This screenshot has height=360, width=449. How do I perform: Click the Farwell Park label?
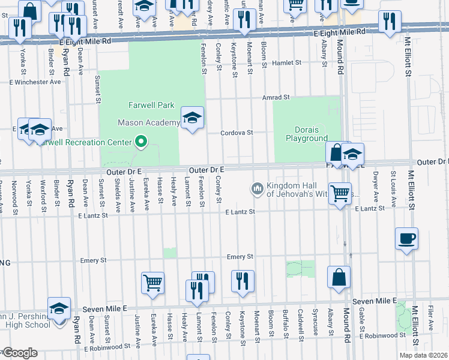(x=151, y=105)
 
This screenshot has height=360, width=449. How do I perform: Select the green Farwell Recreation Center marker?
(x=141, y=142)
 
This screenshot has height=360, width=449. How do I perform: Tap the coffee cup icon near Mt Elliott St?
(x=406, y=238)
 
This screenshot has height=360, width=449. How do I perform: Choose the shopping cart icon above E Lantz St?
(x=340, y=194)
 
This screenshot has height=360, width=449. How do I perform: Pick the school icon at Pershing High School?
(x=59, y=308)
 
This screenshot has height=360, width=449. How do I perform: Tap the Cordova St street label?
(x=237, y=133)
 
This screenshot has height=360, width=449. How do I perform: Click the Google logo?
(x=20, y=353)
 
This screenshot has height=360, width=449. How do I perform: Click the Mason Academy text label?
(x=148, y=123)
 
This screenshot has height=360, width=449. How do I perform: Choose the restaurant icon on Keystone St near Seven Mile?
(x=243, y=281)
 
